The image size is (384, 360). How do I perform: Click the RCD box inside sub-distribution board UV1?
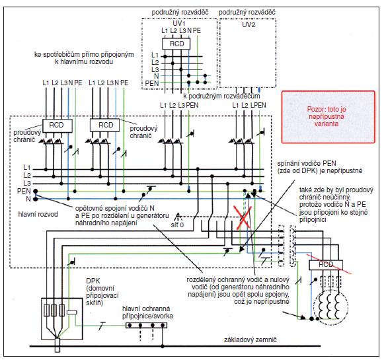point(176,44)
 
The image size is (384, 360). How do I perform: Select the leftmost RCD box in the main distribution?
point(58,126)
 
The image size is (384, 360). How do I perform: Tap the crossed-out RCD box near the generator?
point(326,265)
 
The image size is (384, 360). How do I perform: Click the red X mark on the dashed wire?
point(243,217)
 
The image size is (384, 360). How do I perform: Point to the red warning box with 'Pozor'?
point(328,117)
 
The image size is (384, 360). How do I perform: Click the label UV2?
point(249,24)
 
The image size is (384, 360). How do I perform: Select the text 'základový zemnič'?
point(250,340)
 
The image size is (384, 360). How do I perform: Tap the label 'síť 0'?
point(177,225)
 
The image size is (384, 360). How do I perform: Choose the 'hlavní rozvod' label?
point(38,215)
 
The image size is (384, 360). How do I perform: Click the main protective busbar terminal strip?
point(147,325)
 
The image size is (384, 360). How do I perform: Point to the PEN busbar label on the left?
point(24,191)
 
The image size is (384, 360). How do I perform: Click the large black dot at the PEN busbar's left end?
point(36,192)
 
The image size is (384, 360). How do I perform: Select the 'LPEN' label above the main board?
point(258,105)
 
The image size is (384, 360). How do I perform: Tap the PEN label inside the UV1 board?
point(152,83)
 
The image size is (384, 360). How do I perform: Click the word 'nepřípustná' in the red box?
point(326,116)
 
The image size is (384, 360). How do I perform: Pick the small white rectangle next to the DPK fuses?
point(72,312)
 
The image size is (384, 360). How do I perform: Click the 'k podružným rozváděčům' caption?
point(221,96)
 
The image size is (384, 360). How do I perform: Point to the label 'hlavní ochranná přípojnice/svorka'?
point(147,312)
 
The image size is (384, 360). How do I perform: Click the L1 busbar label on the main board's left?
point(27,168)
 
